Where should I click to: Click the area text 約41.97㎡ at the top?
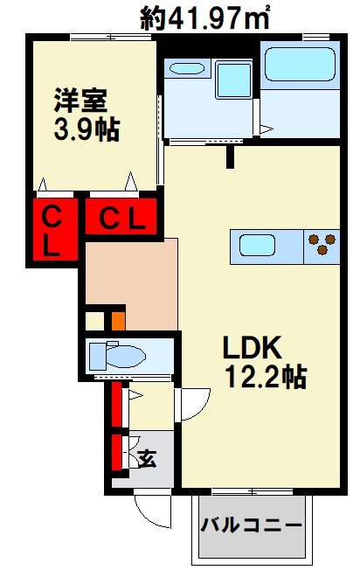point(204,17)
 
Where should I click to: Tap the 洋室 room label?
point(81,101)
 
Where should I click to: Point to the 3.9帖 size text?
point(87,129)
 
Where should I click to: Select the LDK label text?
point(253,347)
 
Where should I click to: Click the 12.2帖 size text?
point(266,376)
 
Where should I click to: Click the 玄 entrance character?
point(147,458)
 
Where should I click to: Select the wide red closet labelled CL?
point(121,217)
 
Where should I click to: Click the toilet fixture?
point(117,356)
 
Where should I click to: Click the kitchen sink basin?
point(258,246)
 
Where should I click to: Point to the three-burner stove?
point(322,244)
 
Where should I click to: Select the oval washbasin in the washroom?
point(187,68)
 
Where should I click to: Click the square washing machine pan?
point(234,80)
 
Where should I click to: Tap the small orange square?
point(119,321)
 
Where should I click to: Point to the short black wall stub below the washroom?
point(230,157)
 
